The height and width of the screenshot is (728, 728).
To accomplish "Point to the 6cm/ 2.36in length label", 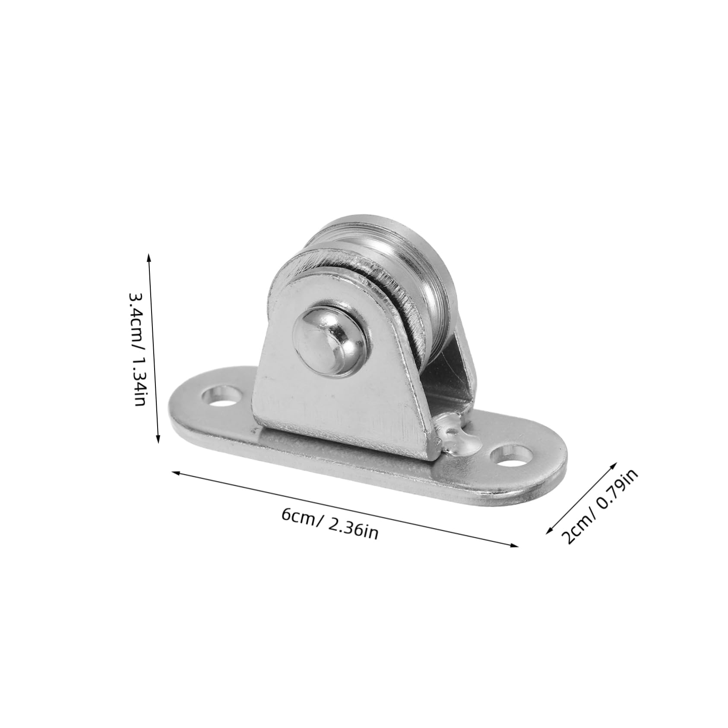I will [x=330, y=523].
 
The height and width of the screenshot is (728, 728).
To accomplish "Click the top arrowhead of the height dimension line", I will [x=149, y=257].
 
